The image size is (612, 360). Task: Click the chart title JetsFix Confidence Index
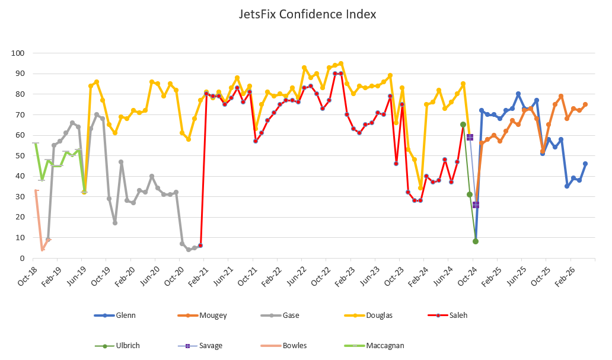pyautogui.click(x=307, y=14)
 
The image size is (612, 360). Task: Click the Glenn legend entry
pyautogui.click(x=126, y=316)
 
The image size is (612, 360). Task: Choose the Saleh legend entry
pyautogui.click(x=458, y=316)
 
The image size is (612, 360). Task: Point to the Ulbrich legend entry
pyautogui.click(x=128, y=345)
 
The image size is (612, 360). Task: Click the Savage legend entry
pyautogui.click(x=211, y=345)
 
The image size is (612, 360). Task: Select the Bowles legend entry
pyautogui.click(x=294, y=345)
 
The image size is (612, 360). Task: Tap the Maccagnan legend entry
pyautogui.click(x=385, y=345)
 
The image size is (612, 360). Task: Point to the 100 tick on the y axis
pyautogui.click(x=18, y=53)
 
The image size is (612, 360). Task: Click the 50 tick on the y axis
pyautogui.click(x=20, y=155)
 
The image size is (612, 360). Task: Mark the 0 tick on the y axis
pyautogui.click(x=21, y=258)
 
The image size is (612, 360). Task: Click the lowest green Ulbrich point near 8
pyautogui.click(x=476, y=241)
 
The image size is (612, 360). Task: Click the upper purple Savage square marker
pyautogui.click(x=470, y=137)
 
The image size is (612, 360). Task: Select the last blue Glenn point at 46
pyautogui.click(x=585, y=164)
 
